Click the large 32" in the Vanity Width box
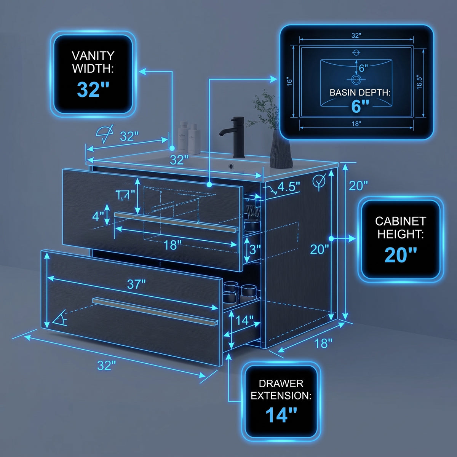coord(93,89)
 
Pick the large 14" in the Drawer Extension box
coord(281,415)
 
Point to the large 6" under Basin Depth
coord(360,106)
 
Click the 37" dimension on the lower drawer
coord(136,284)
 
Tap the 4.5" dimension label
coord(289,187)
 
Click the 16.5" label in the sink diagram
coord(419,83)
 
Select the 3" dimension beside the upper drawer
coord(255,249)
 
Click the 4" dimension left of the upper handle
coord(98,216)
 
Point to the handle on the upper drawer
coord(176,222)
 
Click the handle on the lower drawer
coord(155,311)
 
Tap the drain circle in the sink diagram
coord(356,80)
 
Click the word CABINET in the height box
coord(401,221)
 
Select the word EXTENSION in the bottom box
coord(281,395)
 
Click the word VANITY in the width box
coord(93,56)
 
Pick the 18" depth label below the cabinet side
coord(323,343)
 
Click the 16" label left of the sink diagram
coord(289,81)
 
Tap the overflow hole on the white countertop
coord(230,166)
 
